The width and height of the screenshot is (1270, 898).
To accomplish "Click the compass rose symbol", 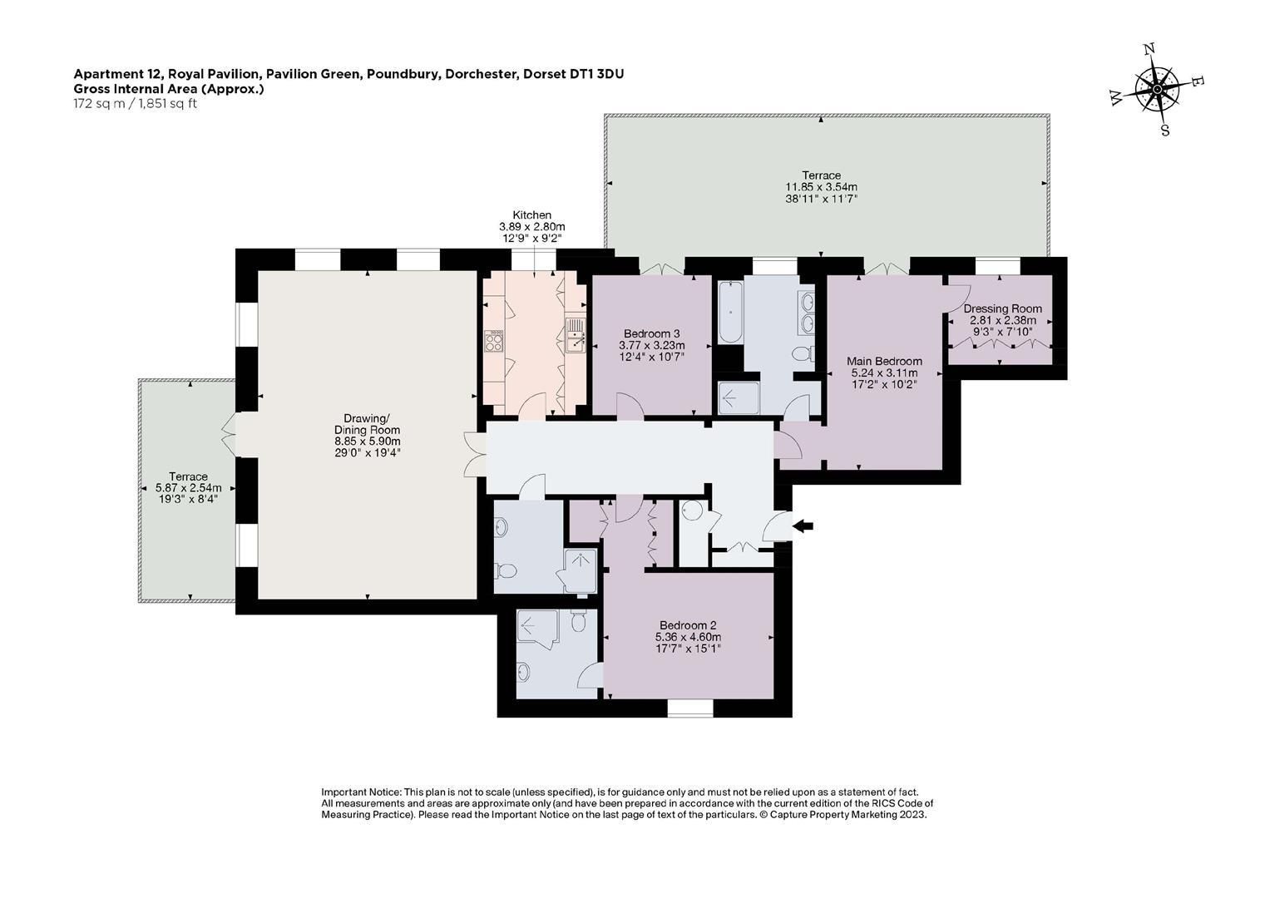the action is pyautogui.click(x=1157, y=90).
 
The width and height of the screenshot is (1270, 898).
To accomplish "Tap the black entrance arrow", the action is pyautogui.click(x=803, y=526).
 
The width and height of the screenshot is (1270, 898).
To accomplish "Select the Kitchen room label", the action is pyautogui.click(x=531, y=215).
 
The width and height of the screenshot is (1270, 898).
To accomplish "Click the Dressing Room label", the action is pyautogui.click(x=1002, y=309).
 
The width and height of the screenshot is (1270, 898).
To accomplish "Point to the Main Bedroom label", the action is pyautogui.click(x=884, y=361).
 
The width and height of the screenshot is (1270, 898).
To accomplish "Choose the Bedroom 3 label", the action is pyautogui.click(x=651, y=334).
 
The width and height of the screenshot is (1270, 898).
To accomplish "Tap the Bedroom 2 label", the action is pyautogui.click(x=688, y=625).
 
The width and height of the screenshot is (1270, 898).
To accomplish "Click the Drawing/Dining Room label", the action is pyautogui.click(x=368, y=424).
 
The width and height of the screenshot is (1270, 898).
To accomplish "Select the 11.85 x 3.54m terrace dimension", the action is pyautogui.click(x=821, y=187).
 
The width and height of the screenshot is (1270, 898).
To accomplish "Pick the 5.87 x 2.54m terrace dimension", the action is pyautogui.click(x=188, y=487).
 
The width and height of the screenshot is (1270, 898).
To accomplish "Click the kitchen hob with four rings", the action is pyautogui.click(x=494, y=341).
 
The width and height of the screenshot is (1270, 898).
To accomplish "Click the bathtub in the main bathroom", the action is pyautogui.click(x=731, y=313).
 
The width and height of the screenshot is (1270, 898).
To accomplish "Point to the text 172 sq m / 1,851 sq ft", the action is pyautogui.click(x=135, y=104).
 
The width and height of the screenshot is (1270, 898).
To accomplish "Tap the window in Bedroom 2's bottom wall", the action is pyautogui.click(x=690, y=708).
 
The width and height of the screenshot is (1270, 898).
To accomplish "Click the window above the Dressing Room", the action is pyautogui.click(x=997, y=266).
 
